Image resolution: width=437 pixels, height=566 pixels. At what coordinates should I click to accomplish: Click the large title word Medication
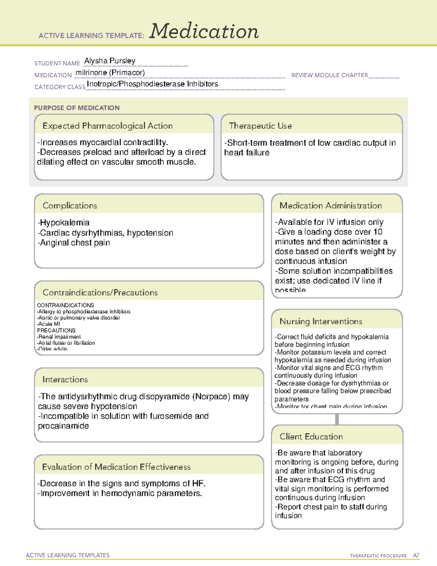pos(204,31)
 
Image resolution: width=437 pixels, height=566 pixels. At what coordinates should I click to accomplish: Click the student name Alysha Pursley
pos(110,61)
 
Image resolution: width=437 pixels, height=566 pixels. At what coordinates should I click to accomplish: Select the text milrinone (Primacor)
pos(110,73)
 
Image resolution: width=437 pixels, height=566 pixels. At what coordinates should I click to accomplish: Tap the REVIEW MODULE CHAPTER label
pos(329,75)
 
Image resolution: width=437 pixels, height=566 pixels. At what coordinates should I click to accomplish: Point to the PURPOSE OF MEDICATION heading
pos(76,108)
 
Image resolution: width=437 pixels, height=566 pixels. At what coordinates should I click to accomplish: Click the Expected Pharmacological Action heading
pos(107,126)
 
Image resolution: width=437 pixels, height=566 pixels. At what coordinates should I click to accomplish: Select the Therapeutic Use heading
pos(260,126)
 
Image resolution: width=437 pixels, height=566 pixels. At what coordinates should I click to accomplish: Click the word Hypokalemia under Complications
pos(64,223)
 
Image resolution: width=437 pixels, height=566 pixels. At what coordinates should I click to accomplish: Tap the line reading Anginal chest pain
pos(74,243)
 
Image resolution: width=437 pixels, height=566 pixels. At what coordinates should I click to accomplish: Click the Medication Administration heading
pos(330,206)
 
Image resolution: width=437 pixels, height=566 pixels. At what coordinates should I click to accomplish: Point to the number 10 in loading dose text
pos(378,232)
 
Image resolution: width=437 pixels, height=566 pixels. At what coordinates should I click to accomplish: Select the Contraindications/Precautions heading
pos(100,292)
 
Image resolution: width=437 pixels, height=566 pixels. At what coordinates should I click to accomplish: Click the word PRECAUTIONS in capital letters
pos(56,330)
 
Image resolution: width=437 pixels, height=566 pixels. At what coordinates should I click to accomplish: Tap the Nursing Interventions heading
pos(320,321)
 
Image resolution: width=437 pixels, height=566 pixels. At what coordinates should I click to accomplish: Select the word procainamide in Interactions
pos(63,426)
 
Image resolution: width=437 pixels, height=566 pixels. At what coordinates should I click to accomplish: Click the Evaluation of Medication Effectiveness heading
pos(116,467)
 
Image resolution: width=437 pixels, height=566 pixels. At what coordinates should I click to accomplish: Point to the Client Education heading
pos(311,437)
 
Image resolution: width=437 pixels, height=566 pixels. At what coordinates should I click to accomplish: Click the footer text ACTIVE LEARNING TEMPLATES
pos(68,555)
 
